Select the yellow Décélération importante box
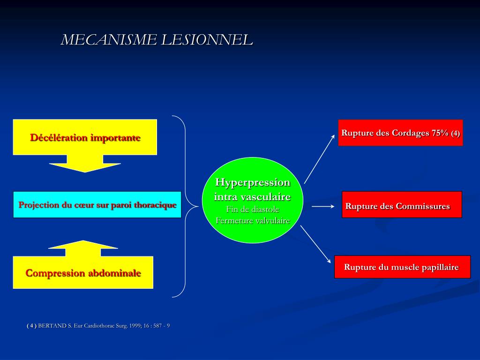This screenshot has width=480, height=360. [85, 137]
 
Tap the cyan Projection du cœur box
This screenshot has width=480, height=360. [97, 205]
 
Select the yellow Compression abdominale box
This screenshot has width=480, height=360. [83, 273]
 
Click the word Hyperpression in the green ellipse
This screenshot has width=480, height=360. [253, 182]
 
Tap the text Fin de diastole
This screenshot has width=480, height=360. [253, 210]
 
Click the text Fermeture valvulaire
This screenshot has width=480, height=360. [253, 220]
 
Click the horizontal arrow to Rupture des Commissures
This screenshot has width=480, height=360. [323, 206]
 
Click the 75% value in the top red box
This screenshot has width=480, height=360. [440, 133]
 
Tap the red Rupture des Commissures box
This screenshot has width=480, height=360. [402, 205]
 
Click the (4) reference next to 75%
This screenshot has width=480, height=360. [456, 133]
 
